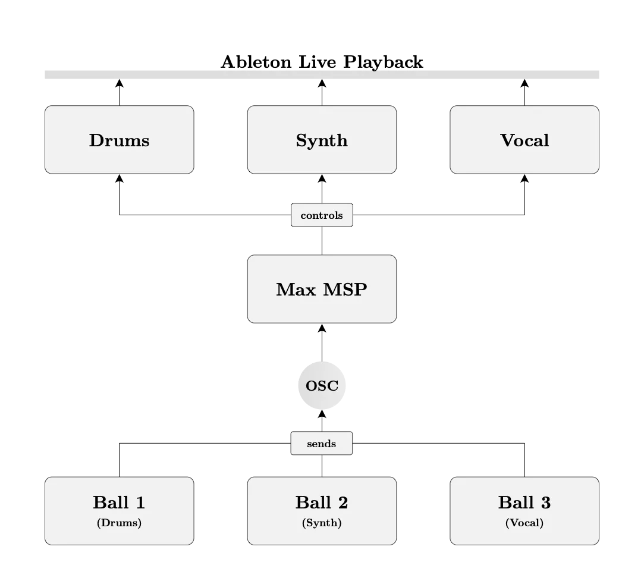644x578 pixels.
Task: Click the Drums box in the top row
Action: pos(119,140)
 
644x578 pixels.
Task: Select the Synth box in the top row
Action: pos(322,140)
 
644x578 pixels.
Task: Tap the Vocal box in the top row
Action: pos(524,140)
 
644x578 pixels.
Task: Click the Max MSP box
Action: pos(322,289)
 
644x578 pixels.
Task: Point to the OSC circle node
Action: pos(322,386)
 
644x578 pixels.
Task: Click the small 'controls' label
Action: pos(322,215)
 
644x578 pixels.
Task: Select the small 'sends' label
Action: pos(322,444)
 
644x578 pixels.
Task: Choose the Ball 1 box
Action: pos(119,510)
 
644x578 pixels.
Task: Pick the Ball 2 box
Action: pos(322,510)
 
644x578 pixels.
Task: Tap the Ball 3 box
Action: pos(524,510)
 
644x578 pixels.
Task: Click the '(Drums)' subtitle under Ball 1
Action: pos(119,523)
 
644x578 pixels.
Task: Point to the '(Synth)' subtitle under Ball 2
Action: pos(322,523)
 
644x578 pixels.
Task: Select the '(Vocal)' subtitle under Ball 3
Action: pos(524,523)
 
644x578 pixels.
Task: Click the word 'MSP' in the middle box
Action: pos(345,290)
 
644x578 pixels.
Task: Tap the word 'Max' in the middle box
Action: pos(296,290)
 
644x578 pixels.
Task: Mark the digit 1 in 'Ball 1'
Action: pos(140,503)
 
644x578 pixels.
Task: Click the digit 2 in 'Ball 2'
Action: pos(343,503)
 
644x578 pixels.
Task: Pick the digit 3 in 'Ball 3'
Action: pos(545,503)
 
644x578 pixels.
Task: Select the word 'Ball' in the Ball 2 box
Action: pos(313,503)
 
